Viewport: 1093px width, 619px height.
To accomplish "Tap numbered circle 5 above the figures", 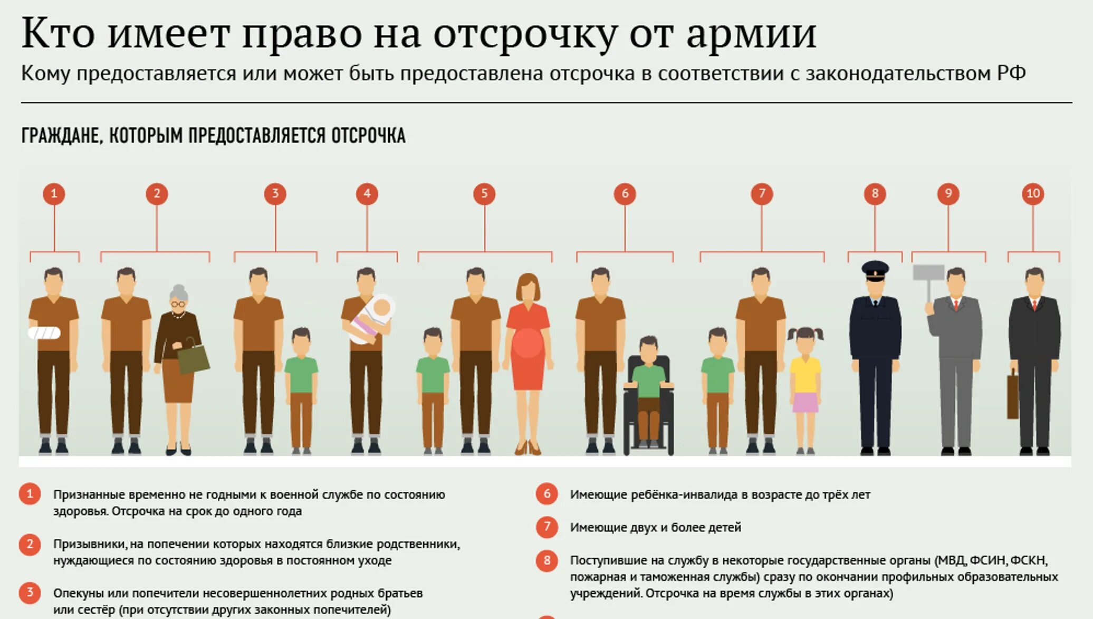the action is [484, 194].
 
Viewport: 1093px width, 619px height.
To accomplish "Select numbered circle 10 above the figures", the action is [1032, 194].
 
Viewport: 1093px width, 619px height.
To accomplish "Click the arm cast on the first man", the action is [44, 333].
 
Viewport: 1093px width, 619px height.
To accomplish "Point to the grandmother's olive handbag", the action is [193, 359].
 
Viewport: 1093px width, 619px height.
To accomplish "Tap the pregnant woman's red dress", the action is [528, 343].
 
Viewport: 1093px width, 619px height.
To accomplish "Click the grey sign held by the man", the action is [928, 272].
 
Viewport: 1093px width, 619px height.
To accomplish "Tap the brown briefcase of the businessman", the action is [1012, 395].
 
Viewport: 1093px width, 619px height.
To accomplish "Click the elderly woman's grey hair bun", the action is [179, 291].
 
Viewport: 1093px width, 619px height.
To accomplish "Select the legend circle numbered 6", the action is [546, 494].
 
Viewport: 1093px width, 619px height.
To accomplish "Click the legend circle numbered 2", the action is [30, 544].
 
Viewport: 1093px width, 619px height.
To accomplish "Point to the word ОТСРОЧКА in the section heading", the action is [368, 136].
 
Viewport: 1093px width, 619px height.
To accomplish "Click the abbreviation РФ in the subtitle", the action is [1011, 73].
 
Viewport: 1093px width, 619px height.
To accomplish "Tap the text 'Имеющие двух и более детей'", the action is [655, 527].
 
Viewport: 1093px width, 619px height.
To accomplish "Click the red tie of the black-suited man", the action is [1034, 305].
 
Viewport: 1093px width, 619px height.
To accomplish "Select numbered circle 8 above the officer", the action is [875, 194].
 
